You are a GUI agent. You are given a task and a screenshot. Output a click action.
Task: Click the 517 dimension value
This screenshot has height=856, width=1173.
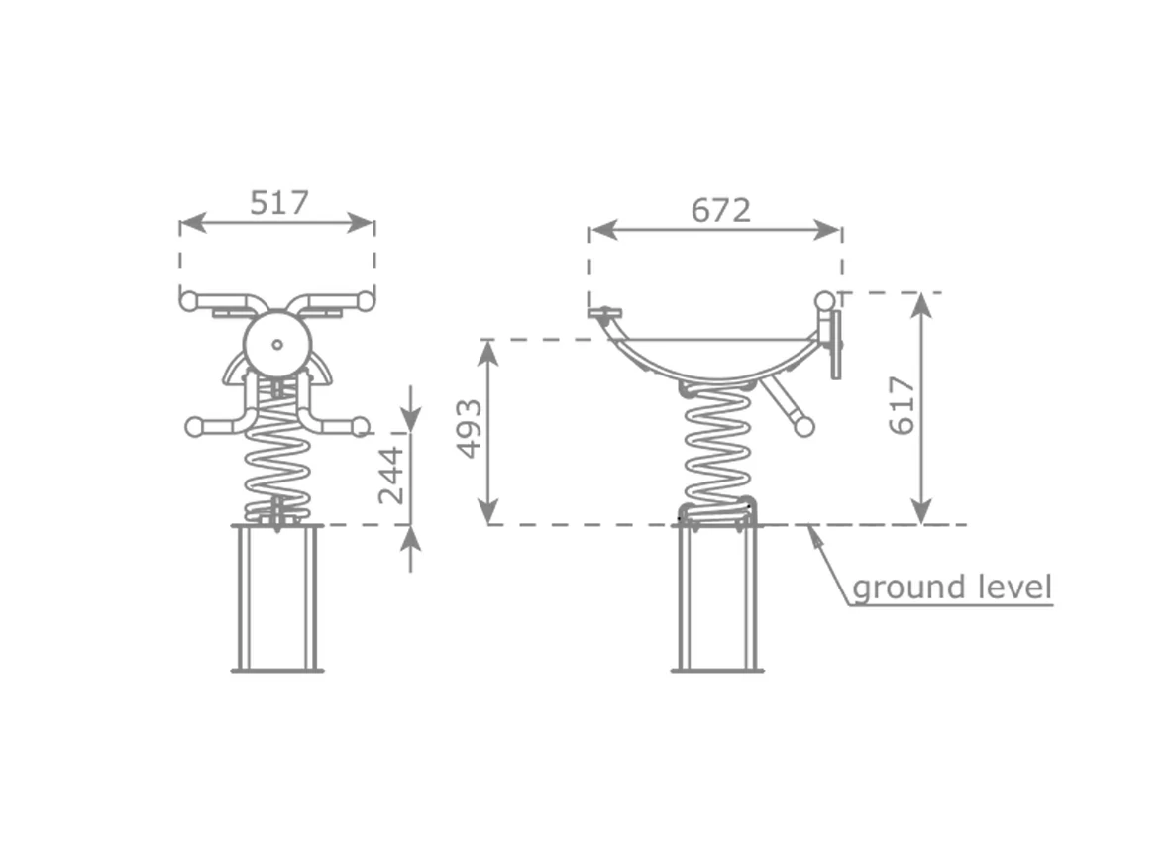coord(279,203)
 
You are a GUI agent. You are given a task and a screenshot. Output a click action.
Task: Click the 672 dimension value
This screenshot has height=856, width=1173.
coord(720,210)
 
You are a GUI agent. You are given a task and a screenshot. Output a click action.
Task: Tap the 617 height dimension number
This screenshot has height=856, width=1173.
coord(903,405)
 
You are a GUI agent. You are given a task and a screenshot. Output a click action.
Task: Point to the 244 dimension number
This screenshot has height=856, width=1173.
coord(391,476)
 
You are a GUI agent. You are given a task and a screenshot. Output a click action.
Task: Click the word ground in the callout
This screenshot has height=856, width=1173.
coord(900,588)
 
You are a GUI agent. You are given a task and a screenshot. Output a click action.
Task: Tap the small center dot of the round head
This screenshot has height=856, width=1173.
coord(277,344)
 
